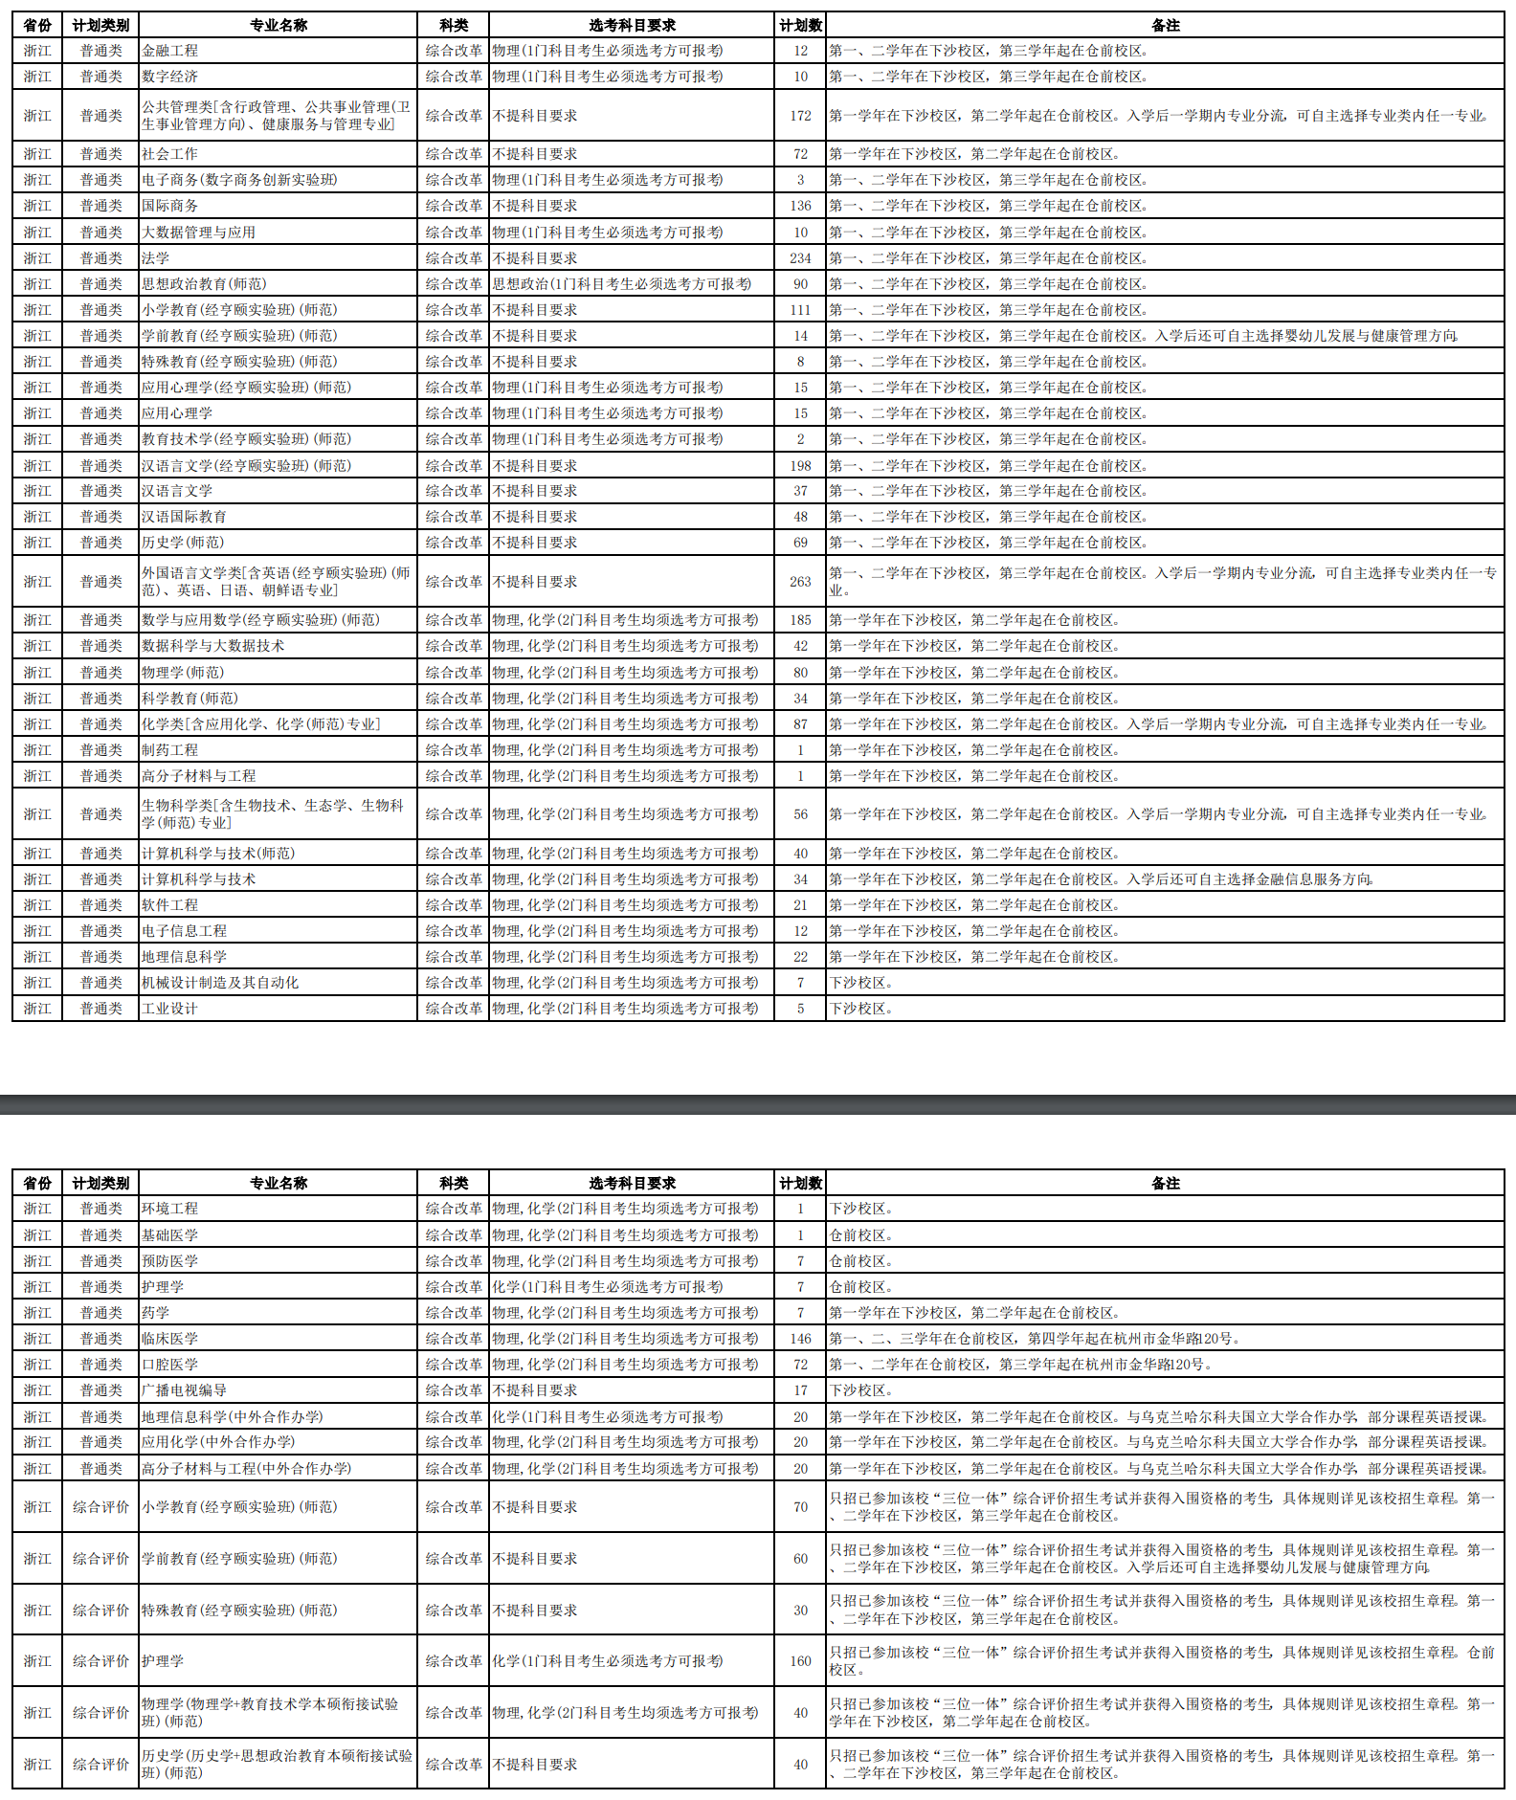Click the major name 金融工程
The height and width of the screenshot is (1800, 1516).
tap(170, 51)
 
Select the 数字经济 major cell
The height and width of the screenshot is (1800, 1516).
tap(170, 77)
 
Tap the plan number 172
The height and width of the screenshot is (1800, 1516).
tap(800, 116)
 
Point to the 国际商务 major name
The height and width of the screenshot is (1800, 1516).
tap(170, 206)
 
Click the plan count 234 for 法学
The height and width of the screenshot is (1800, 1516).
tap(800, 258)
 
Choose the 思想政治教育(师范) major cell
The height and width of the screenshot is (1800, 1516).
tap(205, 284)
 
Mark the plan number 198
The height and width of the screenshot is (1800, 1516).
tap(800, 466)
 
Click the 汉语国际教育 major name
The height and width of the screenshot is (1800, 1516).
tap(185, 517)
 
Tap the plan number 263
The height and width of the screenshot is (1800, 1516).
tap(800, 582)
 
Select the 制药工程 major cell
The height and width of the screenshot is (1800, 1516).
tap(170, 750)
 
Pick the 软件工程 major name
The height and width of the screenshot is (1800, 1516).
tap(170, 905)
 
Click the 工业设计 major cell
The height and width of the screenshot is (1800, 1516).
tap(170, 1009)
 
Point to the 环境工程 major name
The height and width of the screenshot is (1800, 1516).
tap(170, 1209)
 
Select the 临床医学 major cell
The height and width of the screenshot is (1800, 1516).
tap(170, 1339)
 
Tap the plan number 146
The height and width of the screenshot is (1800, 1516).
tap(800, 1339)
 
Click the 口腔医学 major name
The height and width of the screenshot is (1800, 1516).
tap(170, 1365)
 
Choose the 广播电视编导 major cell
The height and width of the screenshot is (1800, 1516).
tap(185, 1390)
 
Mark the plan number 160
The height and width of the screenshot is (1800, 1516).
tap(800, 1661)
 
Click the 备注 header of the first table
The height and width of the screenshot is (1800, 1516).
tap(1165, 26)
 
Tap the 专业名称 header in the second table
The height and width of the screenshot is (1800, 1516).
tap(279, 1184)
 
